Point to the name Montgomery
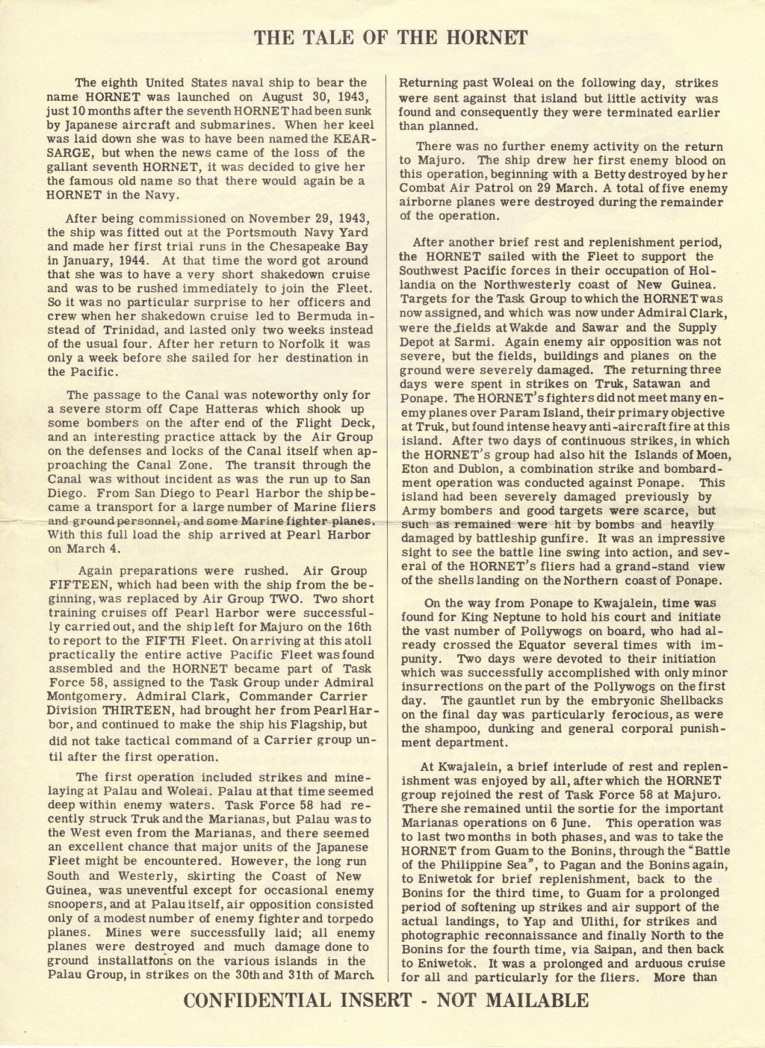coord(81,696)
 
